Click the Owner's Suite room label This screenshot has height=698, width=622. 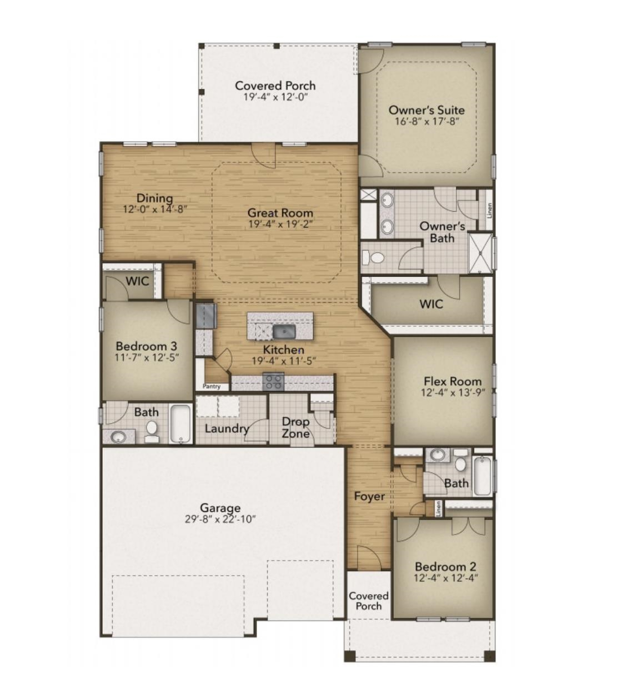(x=427, y=110)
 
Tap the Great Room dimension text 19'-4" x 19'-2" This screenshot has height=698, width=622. (x=280, y=225)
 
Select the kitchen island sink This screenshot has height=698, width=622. (x=284, y=331)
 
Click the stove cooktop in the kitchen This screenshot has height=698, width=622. (x=273, y=381)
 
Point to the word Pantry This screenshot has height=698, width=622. (x=212, y=386)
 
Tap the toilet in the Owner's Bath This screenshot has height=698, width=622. (x=373, y=257)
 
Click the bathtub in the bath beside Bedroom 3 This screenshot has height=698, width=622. (x=180, y=424)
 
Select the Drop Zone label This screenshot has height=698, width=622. (x=295, y=427)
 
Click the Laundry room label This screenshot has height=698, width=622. (x=227, y=428)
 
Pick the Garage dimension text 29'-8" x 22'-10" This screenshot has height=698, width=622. (x=220, y=519)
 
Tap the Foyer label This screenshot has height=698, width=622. (x=369, y=496)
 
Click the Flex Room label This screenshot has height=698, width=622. (x=453, y=381)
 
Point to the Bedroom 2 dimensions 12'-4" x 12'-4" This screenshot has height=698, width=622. (x=445, y=578)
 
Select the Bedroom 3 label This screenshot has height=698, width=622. (x=147, y=346)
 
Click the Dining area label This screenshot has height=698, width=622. (x=154, y=198)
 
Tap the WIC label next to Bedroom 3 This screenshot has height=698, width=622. (x=137, y=281)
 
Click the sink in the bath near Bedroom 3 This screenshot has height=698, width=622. (x=118, y=437)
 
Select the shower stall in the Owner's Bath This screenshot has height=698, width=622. (x=480, y=253)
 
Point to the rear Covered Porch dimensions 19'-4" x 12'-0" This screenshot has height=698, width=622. (x=275, y=97)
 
